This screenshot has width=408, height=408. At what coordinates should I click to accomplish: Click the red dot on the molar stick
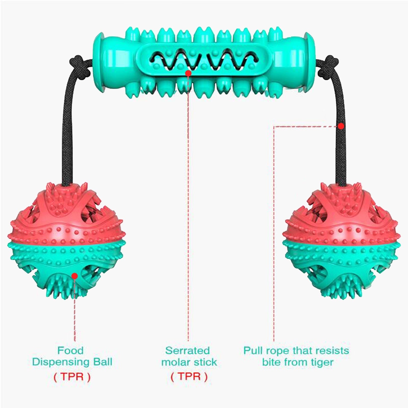(188, 73)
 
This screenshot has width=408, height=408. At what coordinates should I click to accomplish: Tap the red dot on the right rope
(341, 126)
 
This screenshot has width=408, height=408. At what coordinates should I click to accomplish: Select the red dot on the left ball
(74, 276)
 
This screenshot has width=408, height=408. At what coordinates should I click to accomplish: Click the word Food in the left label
(70, 350)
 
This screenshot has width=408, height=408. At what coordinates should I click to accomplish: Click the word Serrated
(187, 350)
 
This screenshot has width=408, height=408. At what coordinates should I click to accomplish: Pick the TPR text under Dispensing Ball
(72, 377)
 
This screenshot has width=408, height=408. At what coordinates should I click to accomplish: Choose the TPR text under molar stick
(189, 376)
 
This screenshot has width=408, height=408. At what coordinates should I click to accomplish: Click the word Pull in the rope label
(252, 350)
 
